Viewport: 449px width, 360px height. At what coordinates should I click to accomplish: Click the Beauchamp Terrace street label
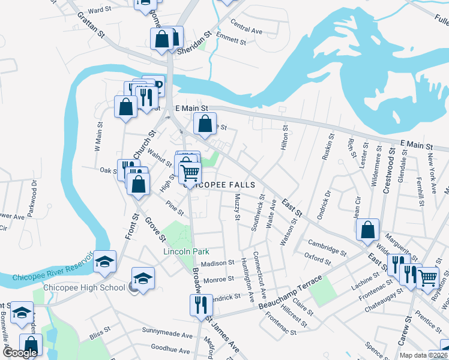pyautogui.click(x=290, y=293)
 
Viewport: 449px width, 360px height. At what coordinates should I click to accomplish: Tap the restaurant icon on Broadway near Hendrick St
pyautogui.click(x=200, y=304)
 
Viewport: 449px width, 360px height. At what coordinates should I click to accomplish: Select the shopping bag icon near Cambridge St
pyautogui.click(x=367, y=230)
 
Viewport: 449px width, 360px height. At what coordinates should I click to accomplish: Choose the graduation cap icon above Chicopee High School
pyautogui.click(x=143, y=278)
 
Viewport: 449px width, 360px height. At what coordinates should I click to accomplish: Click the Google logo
pyautogui.click(x=19, y=353)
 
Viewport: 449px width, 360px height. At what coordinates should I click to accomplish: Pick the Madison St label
pyautogui.click(x=218, y=263)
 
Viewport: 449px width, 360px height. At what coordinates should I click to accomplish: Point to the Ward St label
pyautogui.click(x=99, y=11)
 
